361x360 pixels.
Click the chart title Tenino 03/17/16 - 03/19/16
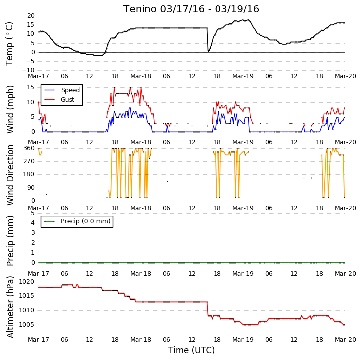tap(191, 9)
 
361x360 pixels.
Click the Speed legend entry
tap(62, 90)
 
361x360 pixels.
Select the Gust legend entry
tap(60, 100)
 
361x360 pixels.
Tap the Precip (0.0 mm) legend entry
tap(77, 221)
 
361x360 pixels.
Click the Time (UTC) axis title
tap(191, 350)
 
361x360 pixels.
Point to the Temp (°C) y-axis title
tap(9, 44)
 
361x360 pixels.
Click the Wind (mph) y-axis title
tap(10, 109)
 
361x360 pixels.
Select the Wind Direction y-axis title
tap(10, 175)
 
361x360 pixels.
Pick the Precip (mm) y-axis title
tap(10, 241)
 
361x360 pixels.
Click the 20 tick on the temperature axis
tap(31, 16)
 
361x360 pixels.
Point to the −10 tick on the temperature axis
tap(28, 70)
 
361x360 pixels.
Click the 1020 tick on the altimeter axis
tap(26, 282)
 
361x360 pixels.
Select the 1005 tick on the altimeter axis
tap(26, 325)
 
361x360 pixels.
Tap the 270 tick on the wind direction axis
tap(29, 161)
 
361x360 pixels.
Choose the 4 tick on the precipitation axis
tap(33, 223)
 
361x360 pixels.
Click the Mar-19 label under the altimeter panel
tap(243, 340)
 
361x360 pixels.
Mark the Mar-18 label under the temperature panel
tap(141, 76)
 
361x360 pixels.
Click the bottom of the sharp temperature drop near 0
tap(208, 51)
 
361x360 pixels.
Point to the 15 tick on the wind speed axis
tap(31, 87)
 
